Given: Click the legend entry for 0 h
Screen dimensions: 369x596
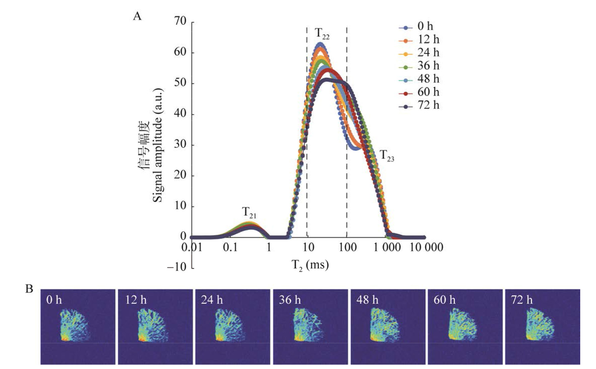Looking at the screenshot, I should pos(419,26).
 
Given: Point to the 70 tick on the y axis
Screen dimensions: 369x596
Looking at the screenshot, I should pos(180,21).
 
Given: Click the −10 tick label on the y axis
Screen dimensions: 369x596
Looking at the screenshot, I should pos(176,267).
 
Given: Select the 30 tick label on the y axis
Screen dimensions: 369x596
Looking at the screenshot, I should pos(180,145).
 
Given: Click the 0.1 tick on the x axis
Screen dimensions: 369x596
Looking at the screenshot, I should pos(230,248).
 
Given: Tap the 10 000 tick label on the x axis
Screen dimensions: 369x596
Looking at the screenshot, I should pos(426,248).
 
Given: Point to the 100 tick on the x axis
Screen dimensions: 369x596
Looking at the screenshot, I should pos(347,248).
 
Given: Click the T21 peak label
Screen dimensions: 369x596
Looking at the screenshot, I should pos(249,212).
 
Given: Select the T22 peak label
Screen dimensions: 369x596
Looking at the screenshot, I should pos(322,33).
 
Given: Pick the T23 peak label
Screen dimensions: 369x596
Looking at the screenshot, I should pos(387,156).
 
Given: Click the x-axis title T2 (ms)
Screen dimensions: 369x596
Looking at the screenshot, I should pos(310,265).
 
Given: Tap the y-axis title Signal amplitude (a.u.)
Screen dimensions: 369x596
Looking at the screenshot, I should pos(157,146).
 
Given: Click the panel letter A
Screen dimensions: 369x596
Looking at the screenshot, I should pos(137,16).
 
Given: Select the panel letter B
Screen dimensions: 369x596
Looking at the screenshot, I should pos(29,289).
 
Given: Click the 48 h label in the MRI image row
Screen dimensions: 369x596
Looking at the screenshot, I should pos(367,300).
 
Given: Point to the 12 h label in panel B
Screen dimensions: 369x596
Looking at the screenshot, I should pos(136,300).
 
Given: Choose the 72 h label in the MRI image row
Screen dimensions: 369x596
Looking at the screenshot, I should pos(522,300).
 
